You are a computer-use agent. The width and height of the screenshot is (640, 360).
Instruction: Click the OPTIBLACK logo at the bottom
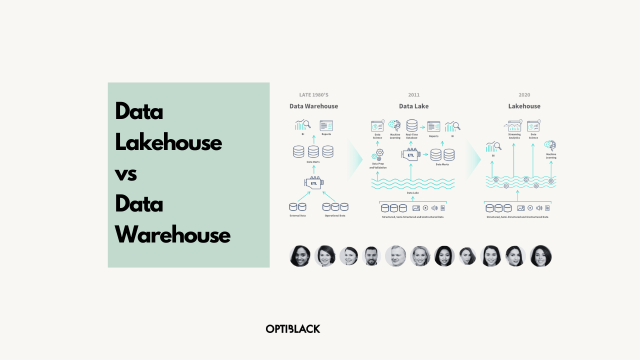point(293,328)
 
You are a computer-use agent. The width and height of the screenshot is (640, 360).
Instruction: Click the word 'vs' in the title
point(126,173)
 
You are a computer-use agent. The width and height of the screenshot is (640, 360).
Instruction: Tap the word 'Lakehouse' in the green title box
point(168,142)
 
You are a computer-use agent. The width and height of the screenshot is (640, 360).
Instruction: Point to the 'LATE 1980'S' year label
point(313,95)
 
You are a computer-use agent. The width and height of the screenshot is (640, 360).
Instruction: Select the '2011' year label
point(413,95)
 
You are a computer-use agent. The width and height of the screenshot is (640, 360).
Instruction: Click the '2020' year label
point(524,95)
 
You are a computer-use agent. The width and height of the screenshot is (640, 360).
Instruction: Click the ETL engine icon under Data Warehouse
point(313,182)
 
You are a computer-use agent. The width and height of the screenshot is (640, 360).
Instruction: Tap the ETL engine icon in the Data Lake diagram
point(410,154)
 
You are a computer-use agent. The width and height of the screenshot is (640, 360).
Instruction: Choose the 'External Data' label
point(297,215)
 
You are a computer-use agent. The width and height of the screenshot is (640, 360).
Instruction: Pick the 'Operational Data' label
point(334,215)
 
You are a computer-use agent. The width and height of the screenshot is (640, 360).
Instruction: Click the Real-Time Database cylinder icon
point(412,125)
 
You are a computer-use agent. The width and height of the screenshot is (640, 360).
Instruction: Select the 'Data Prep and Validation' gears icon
point(378,154)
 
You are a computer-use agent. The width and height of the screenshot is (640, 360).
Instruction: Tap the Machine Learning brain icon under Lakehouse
point(550,145)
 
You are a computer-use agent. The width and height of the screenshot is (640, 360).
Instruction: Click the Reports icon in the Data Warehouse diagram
point(326,125)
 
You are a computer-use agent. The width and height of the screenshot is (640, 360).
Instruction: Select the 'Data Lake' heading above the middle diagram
point(413,106)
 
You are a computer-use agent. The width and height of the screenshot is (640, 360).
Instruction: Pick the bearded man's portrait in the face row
point(371,256)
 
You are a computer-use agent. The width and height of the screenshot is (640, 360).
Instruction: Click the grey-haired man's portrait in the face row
point(395,256)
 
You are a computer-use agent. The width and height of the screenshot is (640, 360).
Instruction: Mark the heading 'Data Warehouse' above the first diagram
point(313,106)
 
